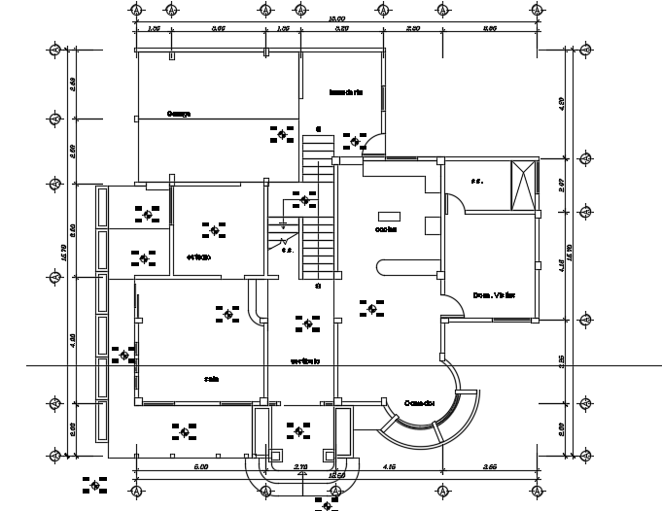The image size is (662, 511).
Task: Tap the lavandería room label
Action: [x=346, y=93]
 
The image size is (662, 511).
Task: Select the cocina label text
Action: [x=386, y=230]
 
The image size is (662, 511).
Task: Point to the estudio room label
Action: [x=200, y=256]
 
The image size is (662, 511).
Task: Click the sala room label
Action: [x=210, y=379]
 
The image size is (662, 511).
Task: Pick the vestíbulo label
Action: [x=305, y=361]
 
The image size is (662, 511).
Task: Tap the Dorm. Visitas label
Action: [x=493, y=294]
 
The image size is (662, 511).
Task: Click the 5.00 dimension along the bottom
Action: [x=201, y=468]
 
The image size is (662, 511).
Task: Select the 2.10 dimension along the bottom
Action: [x=299, y=468]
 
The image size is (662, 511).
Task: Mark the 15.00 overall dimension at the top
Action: [x=336, y=17]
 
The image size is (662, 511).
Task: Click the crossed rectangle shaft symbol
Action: [x=525, y=185]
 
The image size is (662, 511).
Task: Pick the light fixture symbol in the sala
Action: [x=228, y=314]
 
